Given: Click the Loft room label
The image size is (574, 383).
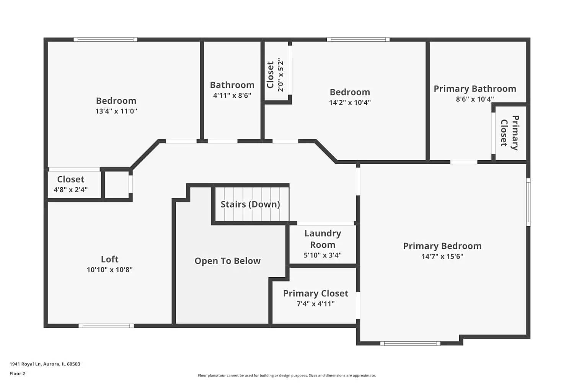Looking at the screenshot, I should coord(110,259).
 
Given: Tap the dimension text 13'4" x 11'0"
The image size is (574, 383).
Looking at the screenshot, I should coord(116,111).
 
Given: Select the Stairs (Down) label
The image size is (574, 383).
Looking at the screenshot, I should coord(250,204).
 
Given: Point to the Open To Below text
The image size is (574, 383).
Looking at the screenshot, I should coord(227,261).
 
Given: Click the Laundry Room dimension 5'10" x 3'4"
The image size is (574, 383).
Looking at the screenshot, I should coord(323,255).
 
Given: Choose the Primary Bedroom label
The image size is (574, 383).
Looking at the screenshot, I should coord(442,246).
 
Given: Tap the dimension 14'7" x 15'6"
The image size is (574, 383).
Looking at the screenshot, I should coord(442,257).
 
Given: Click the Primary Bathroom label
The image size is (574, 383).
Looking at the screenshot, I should coord(475,89).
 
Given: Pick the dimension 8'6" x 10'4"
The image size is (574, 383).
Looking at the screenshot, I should coord(475,99).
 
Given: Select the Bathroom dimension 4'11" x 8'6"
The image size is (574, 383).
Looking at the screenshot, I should coord(232,95).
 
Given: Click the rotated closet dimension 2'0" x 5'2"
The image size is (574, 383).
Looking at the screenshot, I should coord(281,75).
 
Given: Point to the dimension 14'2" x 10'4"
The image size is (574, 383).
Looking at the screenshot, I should coord(350,103).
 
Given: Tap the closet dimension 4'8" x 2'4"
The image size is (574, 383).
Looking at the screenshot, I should coord(71,190).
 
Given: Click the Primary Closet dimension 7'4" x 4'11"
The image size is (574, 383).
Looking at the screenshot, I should coord(316,304).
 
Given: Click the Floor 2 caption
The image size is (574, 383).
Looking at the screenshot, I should coord(17,374).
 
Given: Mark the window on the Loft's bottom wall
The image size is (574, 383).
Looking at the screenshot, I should coord(106,326).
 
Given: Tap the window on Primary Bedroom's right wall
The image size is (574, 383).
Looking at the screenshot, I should coord(528,202).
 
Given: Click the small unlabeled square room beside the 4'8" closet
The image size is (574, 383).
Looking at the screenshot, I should coord(117,185).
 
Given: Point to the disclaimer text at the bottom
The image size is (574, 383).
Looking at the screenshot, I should coord(287,376).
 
